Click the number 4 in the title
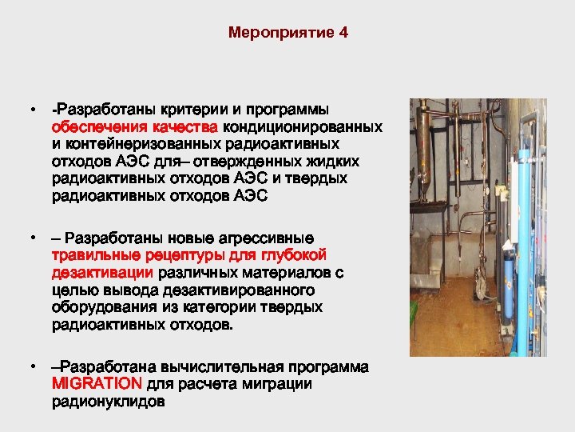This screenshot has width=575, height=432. pyautogui.click(x=343, y=34)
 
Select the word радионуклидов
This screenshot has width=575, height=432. pyautogui.click(x=108, y=402)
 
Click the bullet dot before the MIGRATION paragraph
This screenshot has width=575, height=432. pyautogui.click(x=32, y=367)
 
